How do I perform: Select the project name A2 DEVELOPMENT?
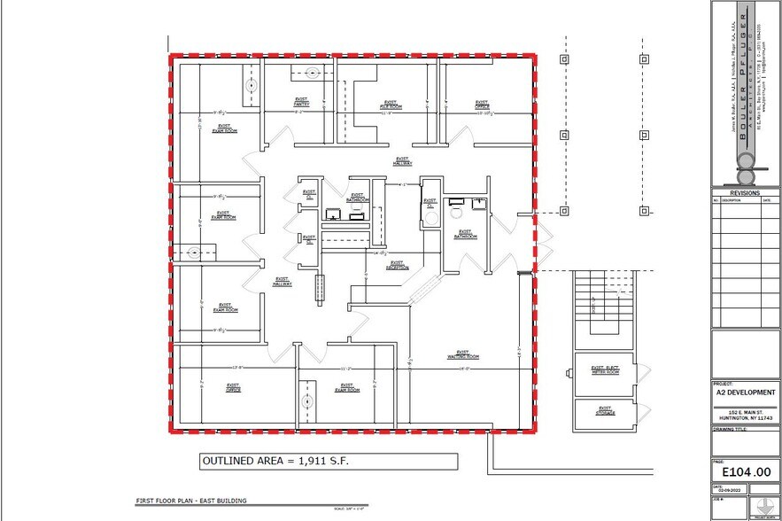coord(746,392)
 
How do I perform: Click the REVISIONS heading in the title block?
coord(745,192)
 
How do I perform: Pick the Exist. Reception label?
coord(397,265)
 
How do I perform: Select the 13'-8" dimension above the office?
coord(236,366)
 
